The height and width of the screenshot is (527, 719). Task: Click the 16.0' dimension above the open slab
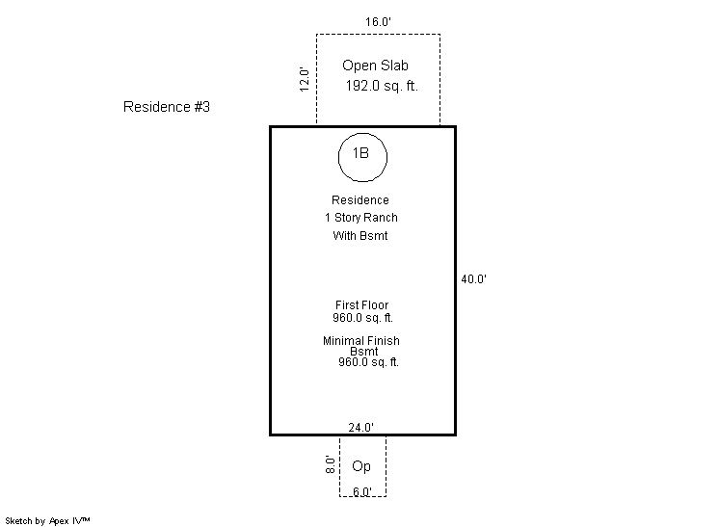379,20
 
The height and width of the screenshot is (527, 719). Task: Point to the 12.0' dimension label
304,79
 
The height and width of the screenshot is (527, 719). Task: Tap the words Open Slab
376,66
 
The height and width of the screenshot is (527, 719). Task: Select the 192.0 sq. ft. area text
382,86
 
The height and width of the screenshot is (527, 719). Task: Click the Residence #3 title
167,107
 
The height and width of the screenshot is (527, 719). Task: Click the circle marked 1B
361,155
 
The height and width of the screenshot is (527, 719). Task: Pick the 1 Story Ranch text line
360,218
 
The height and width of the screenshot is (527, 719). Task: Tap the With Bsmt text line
360,236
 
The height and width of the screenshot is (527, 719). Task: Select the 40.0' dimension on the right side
473,279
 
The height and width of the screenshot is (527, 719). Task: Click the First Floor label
361,305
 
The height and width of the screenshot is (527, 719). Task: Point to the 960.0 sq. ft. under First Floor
362,317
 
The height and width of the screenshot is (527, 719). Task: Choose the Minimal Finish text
361,341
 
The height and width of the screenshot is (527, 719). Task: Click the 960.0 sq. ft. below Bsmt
368,362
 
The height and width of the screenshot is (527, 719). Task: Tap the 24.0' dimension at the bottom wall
361,427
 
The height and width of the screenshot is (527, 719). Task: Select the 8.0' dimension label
330,465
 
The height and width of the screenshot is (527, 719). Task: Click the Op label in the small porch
361,467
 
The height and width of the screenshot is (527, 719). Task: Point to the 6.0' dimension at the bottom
361,491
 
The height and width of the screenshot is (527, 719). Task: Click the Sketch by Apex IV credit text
48,520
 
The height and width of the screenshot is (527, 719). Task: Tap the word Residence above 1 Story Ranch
360,200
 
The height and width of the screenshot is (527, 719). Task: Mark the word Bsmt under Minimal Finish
363,352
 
